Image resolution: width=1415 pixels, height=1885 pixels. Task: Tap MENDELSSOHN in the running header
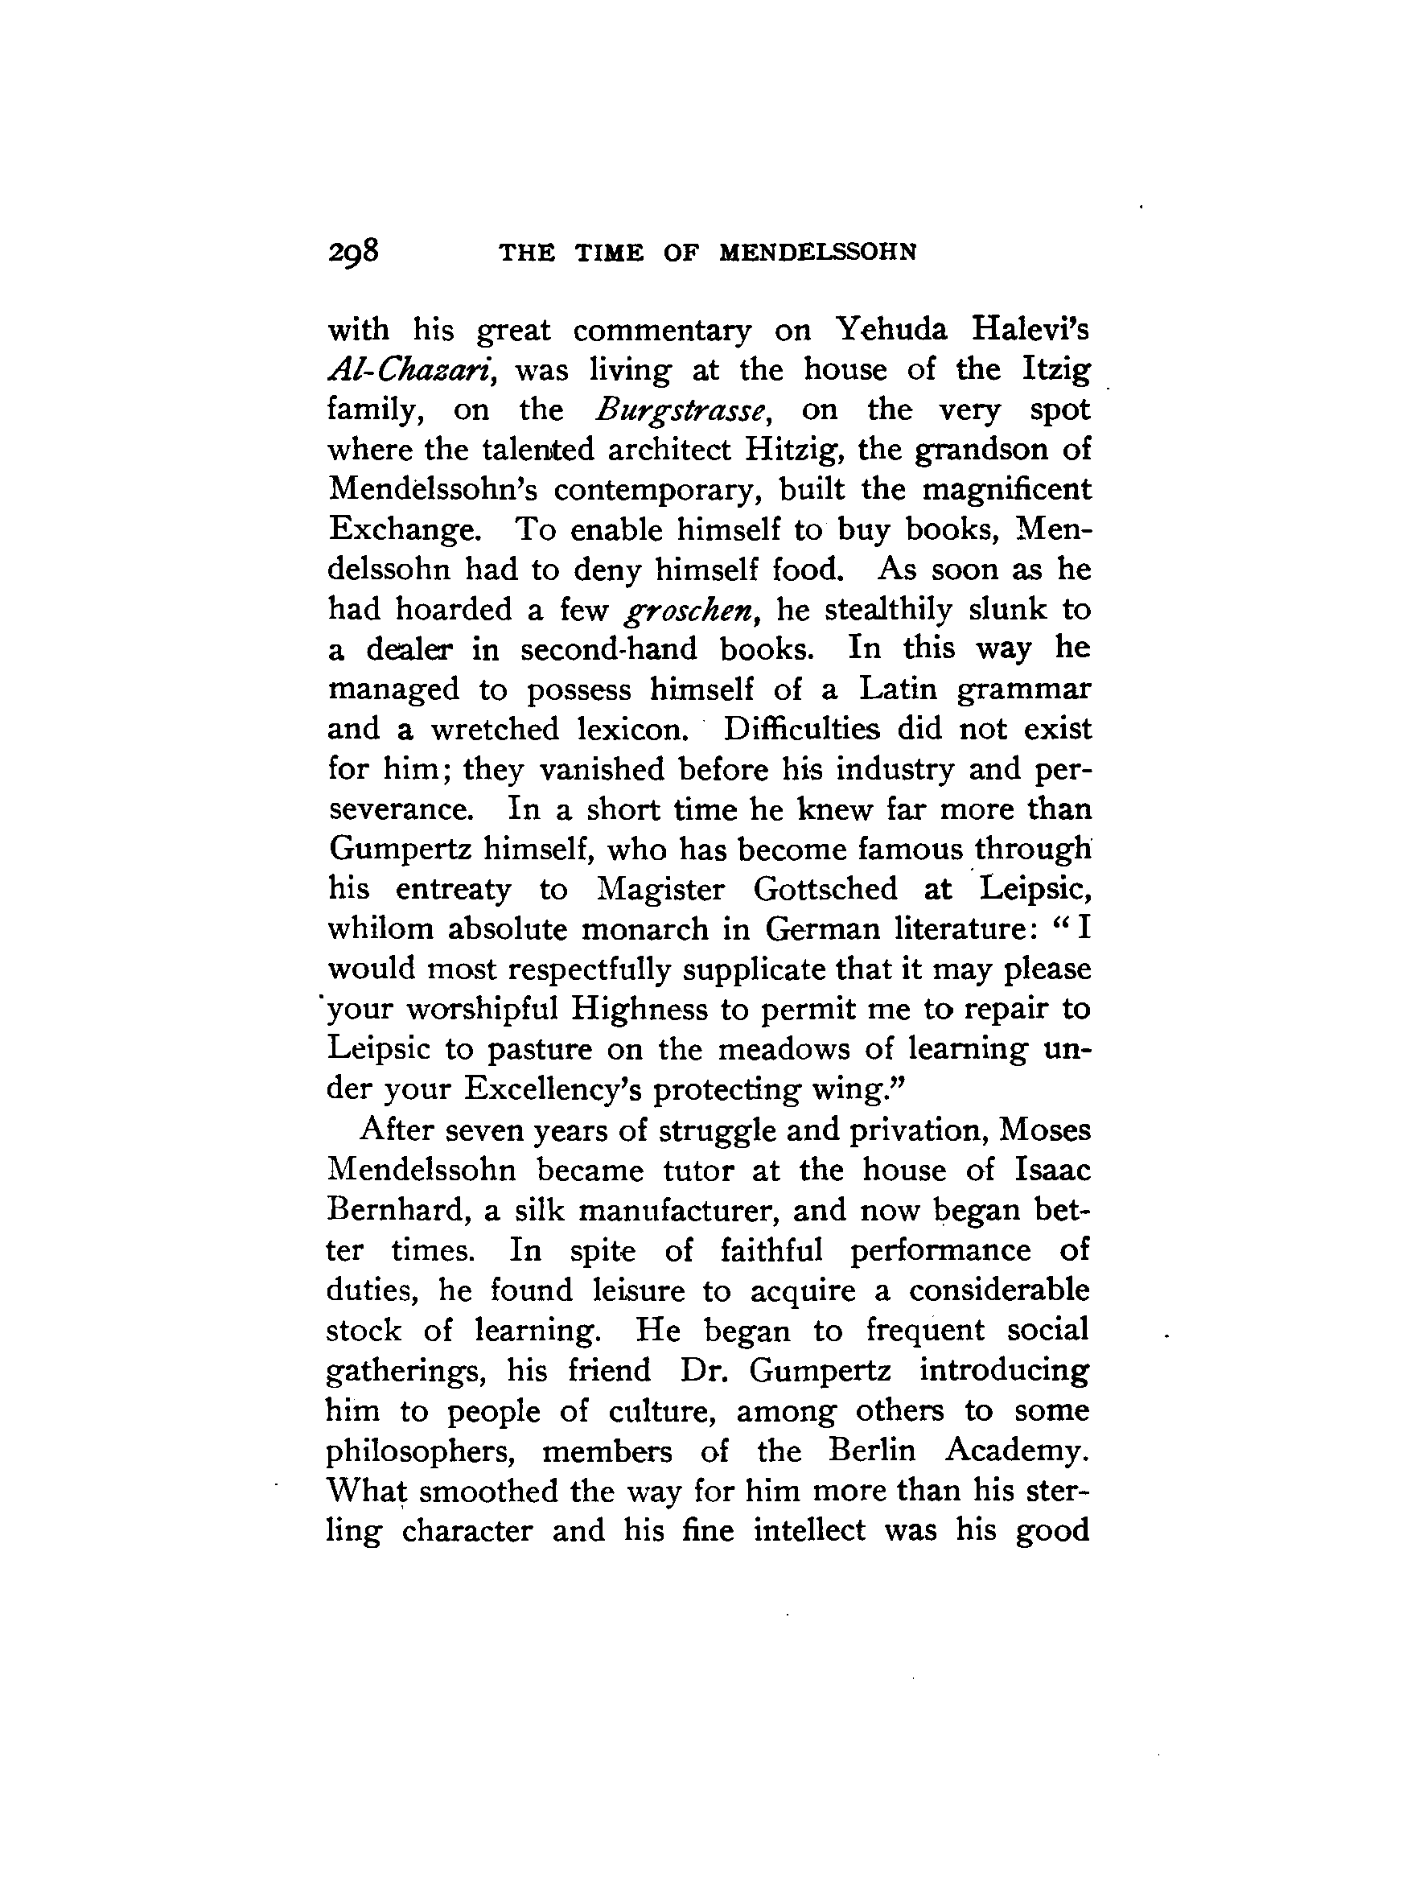coord(818,253)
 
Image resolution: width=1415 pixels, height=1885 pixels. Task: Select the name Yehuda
coord(891,330)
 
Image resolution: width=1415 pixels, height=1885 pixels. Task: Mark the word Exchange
coord(403,530)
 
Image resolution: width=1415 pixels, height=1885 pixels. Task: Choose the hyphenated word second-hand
coord(608,649)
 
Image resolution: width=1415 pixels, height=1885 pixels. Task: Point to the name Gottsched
coord(825,889)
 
